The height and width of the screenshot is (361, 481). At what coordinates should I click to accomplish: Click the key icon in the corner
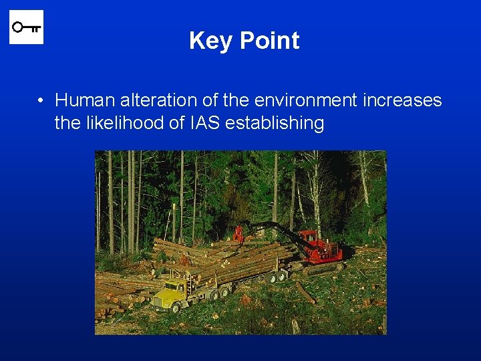[26, 27]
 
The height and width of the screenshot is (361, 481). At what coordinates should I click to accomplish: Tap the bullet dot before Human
[41, 101]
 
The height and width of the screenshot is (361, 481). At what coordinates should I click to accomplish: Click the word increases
[402, 100]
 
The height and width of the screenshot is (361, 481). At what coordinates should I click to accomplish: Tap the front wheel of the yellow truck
[177, 307]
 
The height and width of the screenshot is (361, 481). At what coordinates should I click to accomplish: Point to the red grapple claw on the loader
[238, 235]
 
